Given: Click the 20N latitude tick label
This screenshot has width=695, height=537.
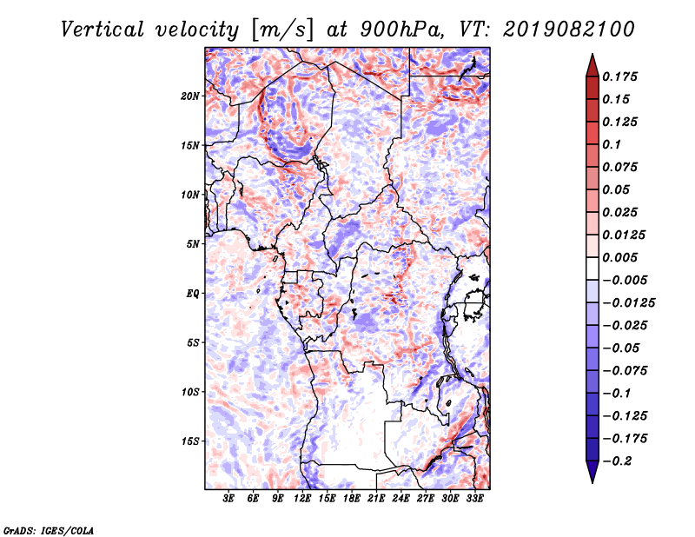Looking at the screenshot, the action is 190,96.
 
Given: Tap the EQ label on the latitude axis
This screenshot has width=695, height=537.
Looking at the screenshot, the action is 193,294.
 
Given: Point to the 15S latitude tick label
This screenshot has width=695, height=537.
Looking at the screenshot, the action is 190,441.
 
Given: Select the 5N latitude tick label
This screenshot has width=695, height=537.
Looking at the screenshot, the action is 193,244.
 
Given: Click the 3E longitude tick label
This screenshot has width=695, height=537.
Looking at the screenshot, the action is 228,498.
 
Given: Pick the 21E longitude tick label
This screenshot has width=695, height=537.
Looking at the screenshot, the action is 376,498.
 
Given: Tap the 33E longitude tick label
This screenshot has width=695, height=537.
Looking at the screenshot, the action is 474,498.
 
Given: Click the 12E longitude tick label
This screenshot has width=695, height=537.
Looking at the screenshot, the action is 302,498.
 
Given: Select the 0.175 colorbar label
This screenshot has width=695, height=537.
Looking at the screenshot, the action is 619,76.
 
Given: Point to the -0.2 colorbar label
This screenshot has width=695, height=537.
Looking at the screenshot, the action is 617,461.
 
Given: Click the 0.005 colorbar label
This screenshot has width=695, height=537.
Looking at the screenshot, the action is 619,257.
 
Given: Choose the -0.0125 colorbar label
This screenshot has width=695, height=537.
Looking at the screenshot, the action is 628,303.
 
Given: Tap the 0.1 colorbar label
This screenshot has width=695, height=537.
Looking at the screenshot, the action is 612,144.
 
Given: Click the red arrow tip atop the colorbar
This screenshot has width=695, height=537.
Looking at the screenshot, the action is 592,54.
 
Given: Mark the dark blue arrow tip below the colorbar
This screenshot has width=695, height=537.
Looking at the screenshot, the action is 592,482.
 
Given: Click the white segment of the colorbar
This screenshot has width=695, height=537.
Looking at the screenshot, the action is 592,268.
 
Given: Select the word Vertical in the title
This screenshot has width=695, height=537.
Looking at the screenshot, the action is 103,30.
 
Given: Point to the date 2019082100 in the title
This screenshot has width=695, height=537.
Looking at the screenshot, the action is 569,30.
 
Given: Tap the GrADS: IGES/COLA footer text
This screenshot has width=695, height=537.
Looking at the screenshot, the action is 49,530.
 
